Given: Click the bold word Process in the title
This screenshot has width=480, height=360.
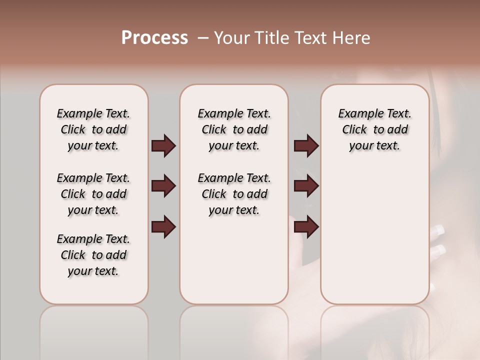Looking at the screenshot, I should click(154, 38).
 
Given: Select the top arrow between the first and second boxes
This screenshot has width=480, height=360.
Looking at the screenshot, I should click(163, 146).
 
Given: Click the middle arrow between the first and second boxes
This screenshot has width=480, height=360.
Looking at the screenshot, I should click(163, 186).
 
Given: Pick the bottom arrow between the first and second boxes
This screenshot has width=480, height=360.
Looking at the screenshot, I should click(163, 227).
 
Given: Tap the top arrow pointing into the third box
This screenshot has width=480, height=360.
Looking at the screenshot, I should click(306, 146).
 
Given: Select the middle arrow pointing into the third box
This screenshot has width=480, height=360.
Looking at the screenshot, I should click(306, 186).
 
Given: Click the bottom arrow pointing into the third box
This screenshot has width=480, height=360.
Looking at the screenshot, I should click(306, 227).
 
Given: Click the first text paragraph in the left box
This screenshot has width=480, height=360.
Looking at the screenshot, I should click(93, 129).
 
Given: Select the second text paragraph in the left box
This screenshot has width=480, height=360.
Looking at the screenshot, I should click(93, 194).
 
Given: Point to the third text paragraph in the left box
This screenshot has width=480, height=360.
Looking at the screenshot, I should click(93, 255).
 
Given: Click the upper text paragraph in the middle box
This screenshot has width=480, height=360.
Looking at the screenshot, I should click(234, 129).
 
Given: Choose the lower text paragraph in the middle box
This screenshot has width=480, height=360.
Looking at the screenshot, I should click(234, 194).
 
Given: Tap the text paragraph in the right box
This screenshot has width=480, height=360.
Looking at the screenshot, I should click(375, 129).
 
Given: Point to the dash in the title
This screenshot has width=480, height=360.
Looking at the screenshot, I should click(202, 38).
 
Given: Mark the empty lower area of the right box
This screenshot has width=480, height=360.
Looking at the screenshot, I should click(375, 235).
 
